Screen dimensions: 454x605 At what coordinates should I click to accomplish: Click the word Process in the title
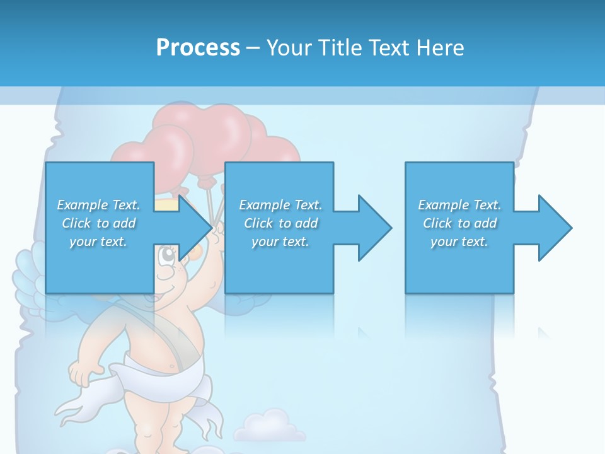coord(198,48)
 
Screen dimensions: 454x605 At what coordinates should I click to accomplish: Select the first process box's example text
coord(98,223)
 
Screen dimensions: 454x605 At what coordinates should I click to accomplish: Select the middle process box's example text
coord(280,223)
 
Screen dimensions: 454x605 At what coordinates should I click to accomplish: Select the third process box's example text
coord(459,223)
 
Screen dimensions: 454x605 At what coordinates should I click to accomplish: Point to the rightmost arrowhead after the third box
coord(555,228)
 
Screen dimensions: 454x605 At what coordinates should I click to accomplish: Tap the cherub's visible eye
coord(166,257)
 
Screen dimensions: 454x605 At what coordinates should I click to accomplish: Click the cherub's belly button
coord(171,366)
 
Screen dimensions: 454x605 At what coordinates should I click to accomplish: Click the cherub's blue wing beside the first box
coord(28,271)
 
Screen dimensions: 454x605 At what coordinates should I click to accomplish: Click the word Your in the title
coord(290,48)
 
